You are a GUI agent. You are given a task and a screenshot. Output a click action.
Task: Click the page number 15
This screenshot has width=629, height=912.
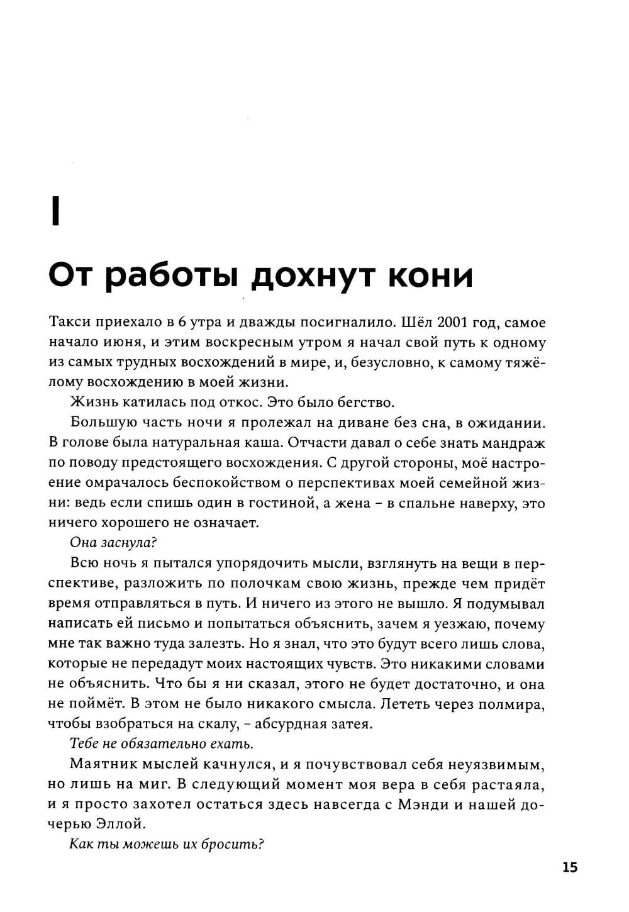569,867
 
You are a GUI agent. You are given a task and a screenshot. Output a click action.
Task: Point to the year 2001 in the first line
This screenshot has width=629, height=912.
436,323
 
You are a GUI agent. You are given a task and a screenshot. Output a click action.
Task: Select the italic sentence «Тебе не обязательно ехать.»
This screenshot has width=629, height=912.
162,743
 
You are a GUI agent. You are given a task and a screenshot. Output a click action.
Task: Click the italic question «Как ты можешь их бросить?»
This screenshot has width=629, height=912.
166,844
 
